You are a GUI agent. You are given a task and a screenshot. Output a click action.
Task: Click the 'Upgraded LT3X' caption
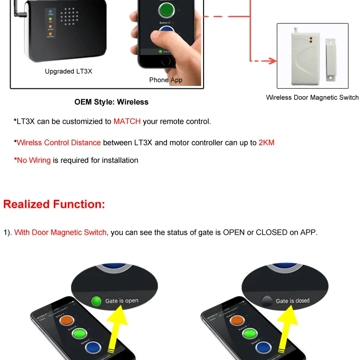68,72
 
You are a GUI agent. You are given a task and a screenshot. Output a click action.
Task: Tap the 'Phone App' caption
166,80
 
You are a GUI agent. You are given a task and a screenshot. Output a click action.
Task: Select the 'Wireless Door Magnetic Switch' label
312,97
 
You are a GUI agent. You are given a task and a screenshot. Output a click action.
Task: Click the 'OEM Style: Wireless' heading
111,102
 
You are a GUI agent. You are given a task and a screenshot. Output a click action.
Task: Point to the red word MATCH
127,121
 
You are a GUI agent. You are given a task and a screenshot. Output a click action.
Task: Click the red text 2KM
266,143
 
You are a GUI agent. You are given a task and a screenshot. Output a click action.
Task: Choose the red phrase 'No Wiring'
33,160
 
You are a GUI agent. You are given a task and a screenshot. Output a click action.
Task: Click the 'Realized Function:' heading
54,204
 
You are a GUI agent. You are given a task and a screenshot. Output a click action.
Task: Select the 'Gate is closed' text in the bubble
292,301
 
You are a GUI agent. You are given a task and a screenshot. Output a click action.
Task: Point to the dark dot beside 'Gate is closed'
266,301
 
